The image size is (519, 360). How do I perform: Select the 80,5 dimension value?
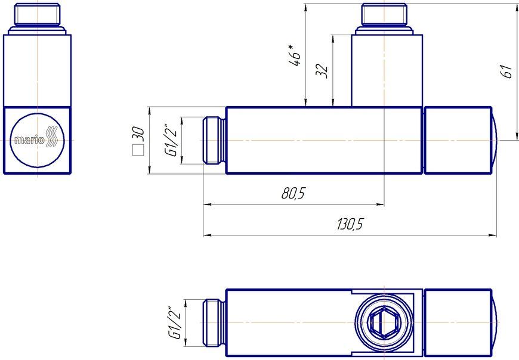[x=293, y=193]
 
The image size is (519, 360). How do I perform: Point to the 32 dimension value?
[x=322, y=70]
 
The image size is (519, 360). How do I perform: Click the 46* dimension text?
[x=295, y=55]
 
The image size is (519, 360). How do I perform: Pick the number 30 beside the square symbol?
[x=138, y=134]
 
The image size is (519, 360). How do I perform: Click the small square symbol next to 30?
[x=138, y=150]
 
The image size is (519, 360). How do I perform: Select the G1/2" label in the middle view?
[x=172, y=141]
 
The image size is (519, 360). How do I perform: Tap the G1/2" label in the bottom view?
[x=174, y=322]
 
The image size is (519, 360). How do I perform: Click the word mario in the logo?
[x=29, y=140]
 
